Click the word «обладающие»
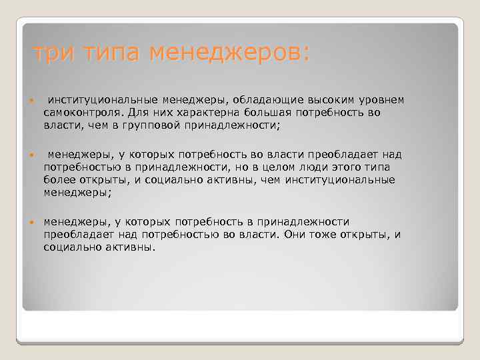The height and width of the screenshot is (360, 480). point(261,100)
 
